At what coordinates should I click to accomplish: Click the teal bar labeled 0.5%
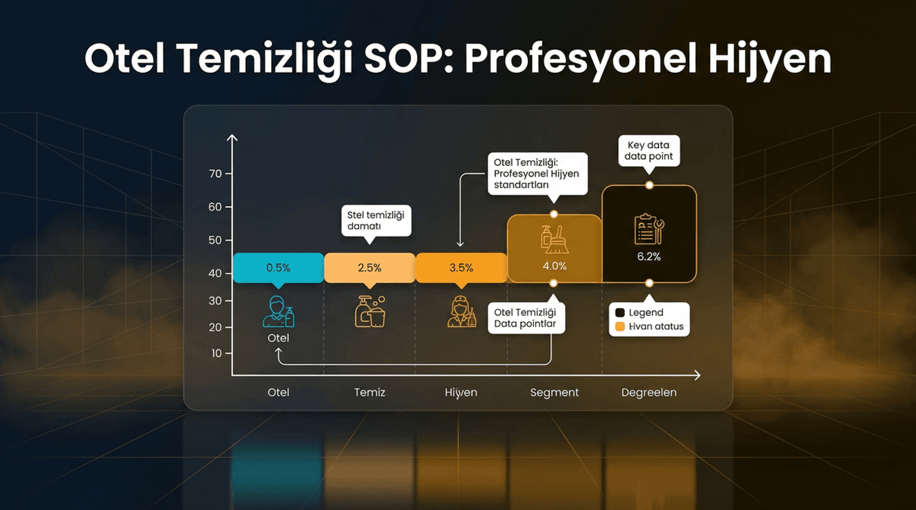(x=278, y=268)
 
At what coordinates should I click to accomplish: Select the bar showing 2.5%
(x=369, y=268)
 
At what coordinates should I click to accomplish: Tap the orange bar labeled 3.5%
(x=461, y=268)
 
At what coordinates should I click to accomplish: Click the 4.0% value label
(x=554, y=266)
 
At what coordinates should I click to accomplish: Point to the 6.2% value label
(x=649, y=256)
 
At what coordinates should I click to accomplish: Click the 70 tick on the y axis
(x=216, y=173)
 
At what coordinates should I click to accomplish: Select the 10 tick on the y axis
(x=217, y=353)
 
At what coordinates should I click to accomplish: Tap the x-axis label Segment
(x=554, y=392)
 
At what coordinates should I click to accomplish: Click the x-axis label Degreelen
(x=649, y=392)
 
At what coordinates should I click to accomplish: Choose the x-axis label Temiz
(x=369, y=392)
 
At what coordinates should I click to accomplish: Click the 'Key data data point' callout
(x=649, y=151)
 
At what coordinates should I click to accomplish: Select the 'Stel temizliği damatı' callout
(x=376, y=220)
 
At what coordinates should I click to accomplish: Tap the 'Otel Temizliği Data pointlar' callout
(x=526, y=318)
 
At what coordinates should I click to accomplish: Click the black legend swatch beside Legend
(x=620, y=313)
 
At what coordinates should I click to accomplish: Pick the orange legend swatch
(x=620, y=326)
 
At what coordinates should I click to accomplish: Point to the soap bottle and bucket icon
(x=370, y=312)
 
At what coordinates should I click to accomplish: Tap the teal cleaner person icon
(x=278, y=312)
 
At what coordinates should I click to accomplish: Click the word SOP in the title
(x=408, y=59)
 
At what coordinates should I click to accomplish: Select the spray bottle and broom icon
(x=554, y=239)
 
